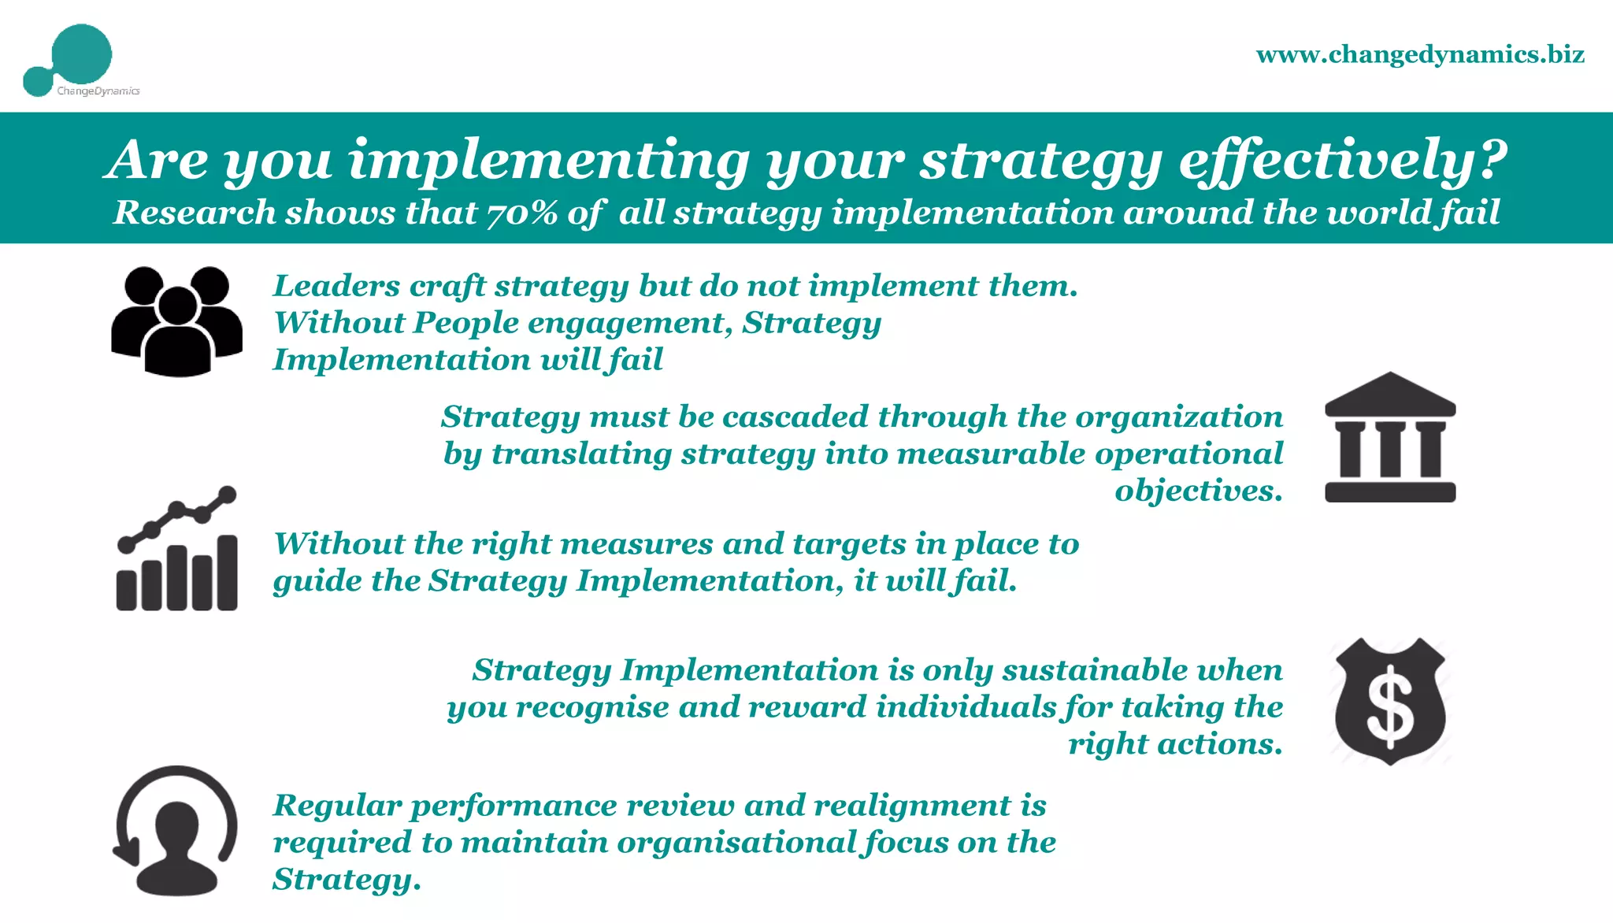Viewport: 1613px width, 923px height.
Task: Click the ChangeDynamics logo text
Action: pyautogui.click(x=98, y=91)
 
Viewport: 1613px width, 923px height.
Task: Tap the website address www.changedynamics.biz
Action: pyautogui.click(x=1420, y=54)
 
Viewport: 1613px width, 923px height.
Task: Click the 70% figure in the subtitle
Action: pyautogui.click(x=522, y=213)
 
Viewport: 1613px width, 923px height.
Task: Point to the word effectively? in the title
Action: pyautogui.click(x=1342, y=160)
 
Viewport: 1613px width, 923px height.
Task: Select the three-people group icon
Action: pyautogui.click(x=176, y=321)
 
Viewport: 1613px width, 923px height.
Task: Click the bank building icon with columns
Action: pyautogui.click(x=1390, y=438)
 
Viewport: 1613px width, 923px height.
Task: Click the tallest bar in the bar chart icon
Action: pyautogui.click(x=227, y=573)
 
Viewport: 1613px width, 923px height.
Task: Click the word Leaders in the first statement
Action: pyautogui.click(x=336, y=286)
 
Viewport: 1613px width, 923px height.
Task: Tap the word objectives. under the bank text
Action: pyautogui.click(x=1198, y=491)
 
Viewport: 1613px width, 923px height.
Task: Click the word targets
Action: pyautogui.click(x=849, y=544)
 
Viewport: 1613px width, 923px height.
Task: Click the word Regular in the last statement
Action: pyautogui.click(x=337, y=806)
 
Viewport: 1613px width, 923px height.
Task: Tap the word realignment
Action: pyautogui.click(x=912, y=806)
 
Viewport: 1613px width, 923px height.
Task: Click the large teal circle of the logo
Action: pyautogui.click(x=81, y=54)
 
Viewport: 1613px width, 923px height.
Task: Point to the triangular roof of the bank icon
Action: pyautogui.click(x=1390, y=391)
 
